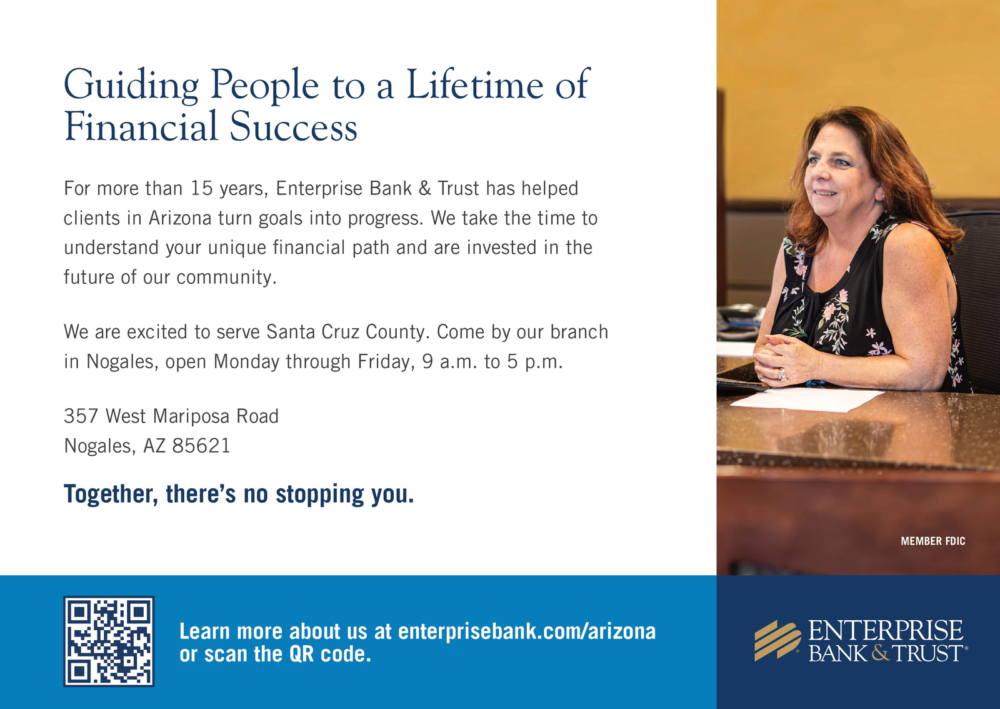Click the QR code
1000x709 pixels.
click(x=109, y=641)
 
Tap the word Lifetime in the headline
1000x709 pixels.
click(x=475, y=84)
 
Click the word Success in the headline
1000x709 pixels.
click(x=293, y=126)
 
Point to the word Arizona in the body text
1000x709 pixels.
click(x=180, y=218)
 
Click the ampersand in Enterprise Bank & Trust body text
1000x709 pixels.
click(x=424, y=188)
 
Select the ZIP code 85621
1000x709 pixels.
click(x=201, y=446)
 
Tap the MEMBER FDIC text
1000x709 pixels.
click(x=933, y=541)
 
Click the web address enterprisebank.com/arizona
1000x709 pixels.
click(x=527, y=631)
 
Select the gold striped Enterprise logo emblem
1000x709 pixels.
click(x=777, y=640)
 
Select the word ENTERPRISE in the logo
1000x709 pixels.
click(x=886, y=630)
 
